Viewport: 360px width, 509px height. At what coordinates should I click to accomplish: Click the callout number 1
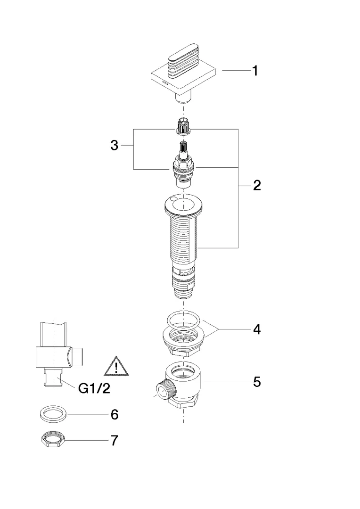coord(254,71)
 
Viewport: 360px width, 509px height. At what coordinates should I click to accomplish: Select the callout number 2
coord(256,185)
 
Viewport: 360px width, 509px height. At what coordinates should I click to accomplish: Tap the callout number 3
coord(115,146)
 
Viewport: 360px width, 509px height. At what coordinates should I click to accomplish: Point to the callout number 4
coord(256,329)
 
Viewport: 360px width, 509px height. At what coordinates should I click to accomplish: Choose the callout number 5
coord(256,381)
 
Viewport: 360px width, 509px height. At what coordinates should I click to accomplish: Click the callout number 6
coord(114,415)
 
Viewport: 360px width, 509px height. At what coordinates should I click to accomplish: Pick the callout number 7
coord(114,441)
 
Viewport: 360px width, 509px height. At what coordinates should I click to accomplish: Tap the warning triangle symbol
coord(115,367)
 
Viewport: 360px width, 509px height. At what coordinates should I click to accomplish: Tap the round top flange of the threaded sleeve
coord(184,205)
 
